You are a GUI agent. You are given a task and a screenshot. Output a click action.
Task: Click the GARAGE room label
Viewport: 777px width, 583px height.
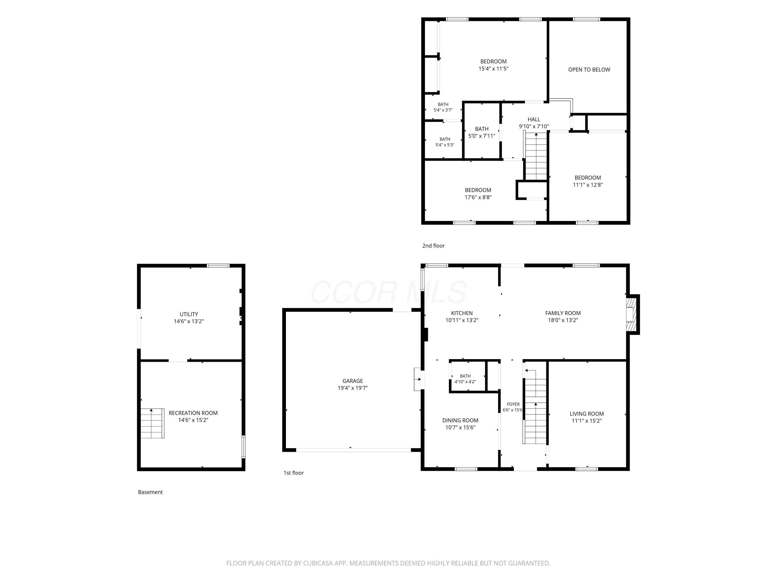(353, 381)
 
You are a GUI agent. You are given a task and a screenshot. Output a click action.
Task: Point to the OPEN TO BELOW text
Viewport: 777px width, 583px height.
(589, 70)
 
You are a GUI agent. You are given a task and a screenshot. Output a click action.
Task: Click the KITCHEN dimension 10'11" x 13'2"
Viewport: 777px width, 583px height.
(462, 320)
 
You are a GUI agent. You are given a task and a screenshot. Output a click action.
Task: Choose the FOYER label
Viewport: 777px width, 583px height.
(513, 404)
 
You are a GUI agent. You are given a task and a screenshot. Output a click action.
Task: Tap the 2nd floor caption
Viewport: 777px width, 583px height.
(434, 246)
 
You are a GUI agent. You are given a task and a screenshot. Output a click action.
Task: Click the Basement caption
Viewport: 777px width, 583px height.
(150, 492)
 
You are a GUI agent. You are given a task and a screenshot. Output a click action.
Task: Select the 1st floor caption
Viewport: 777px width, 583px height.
(294, 473)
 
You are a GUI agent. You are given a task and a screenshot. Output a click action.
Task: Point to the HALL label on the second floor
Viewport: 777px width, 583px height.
(534, 119)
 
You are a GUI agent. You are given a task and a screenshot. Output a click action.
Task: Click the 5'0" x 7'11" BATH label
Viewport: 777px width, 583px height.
(482, 132)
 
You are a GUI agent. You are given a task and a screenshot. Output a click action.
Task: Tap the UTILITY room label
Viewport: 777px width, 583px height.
(189, 314)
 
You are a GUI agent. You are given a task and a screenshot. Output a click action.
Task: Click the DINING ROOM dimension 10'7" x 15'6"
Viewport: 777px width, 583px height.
(460, 427)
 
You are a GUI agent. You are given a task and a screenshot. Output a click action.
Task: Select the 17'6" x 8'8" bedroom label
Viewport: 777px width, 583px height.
(478, 194)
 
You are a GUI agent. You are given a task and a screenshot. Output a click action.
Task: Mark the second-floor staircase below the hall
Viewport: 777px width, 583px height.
(536, 157)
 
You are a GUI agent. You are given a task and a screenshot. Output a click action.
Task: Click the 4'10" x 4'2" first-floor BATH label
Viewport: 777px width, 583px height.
(465, 379)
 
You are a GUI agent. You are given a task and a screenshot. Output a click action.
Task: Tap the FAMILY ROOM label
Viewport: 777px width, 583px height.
(563, 313)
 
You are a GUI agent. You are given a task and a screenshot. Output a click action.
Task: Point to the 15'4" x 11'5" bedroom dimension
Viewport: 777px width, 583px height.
(494, 68)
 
